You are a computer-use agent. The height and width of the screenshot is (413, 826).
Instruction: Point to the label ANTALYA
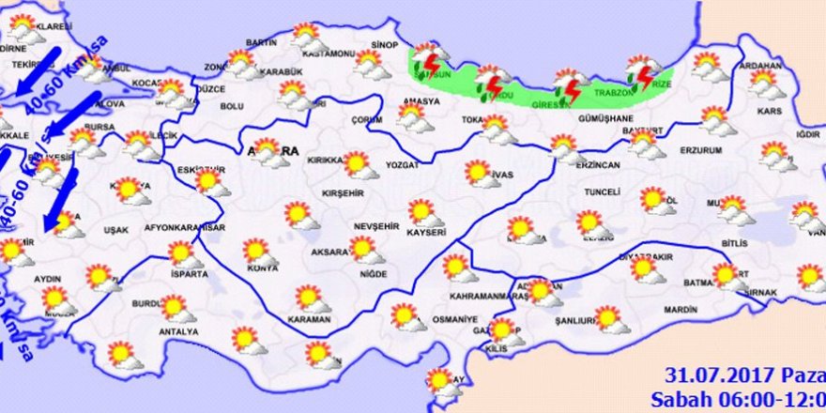pyautogui.click(x=179, y=331)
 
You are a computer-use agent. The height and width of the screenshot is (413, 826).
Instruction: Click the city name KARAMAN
pyautogui.click(x=311, y=320)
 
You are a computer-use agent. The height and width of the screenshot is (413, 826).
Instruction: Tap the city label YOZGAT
pyautogui.click(x=403, y=165)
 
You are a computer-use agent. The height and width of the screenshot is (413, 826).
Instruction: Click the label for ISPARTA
pyautogui.click(x=189, y=277)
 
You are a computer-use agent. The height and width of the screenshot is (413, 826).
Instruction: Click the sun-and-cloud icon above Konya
pyautogui.click(x=258, y=252)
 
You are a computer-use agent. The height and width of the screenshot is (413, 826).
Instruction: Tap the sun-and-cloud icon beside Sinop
pyautogui.click(x=370, y=64)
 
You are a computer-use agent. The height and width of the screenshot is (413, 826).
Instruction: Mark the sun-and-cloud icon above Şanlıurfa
pyautogui.click(x=610, y=319)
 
